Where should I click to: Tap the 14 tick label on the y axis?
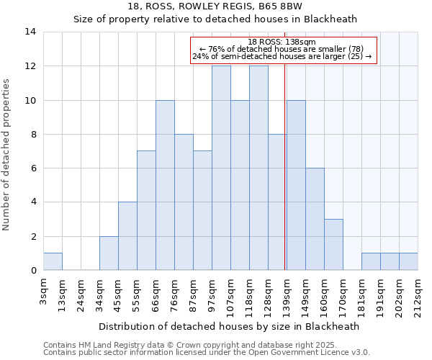pos(31,32)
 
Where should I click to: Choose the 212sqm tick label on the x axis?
pos(418,294)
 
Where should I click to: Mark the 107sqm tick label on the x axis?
pos(230,294)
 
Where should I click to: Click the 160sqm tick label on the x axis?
pos(324,294)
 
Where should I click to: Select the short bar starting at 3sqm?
pos(53,262)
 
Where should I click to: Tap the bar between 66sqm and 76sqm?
pos(165,186)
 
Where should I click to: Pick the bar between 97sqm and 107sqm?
pos(221,168)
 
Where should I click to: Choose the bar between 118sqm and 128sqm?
pos(258,168)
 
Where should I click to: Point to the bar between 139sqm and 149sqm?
pos(296,186)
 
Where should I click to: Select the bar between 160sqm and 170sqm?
pos(333,245)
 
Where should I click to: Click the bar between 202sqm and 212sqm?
pos(408,262)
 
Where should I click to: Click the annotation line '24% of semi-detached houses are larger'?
pos(282,56)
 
